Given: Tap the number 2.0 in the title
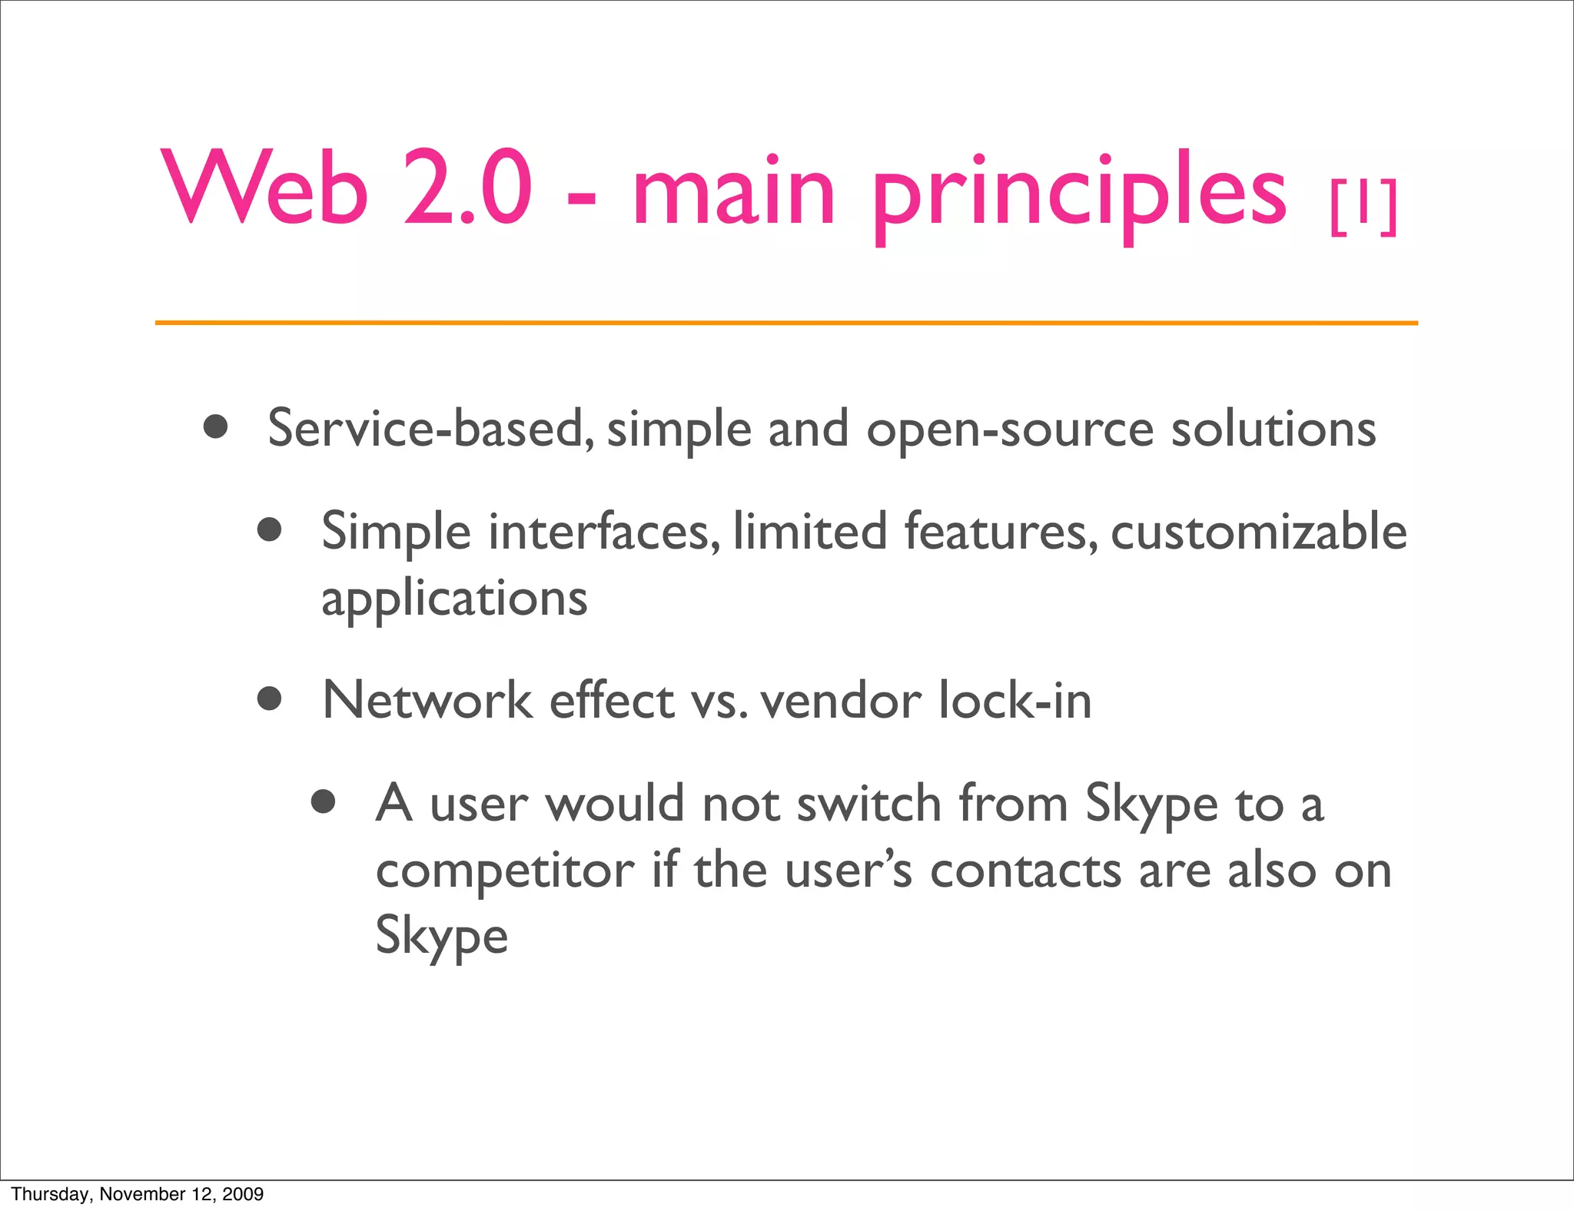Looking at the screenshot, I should (x=467, y=188).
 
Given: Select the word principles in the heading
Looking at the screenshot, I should (x=1078, y=192).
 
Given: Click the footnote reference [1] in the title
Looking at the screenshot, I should (x=1363, y=207).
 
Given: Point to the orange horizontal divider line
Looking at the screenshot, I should (x=786, y=323).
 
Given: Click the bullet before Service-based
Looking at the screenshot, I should (x=216, y=426).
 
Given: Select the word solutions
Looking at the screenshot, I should (x=1273, y=429).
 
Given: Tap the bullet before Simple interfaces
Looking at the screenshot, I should (x=269, y=529).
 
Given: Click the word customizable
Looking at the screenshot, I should (x=1259, y=532).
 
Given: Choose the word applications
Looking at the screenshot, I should (x=454, y=599).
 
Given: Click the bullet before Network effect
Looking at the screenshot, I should (x=269, y=698).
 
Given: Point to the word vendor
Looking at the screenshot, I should (x=841, y=701).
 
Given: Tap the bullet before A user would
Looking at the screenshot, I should (x=324, y=801).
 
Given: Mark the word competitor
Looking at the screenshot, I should (x=505, y=871).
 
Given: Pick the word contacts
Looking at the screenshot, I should (x=1026, y=871).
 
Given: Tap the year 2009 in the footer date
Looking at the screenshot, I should (x=243, y=1194).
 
